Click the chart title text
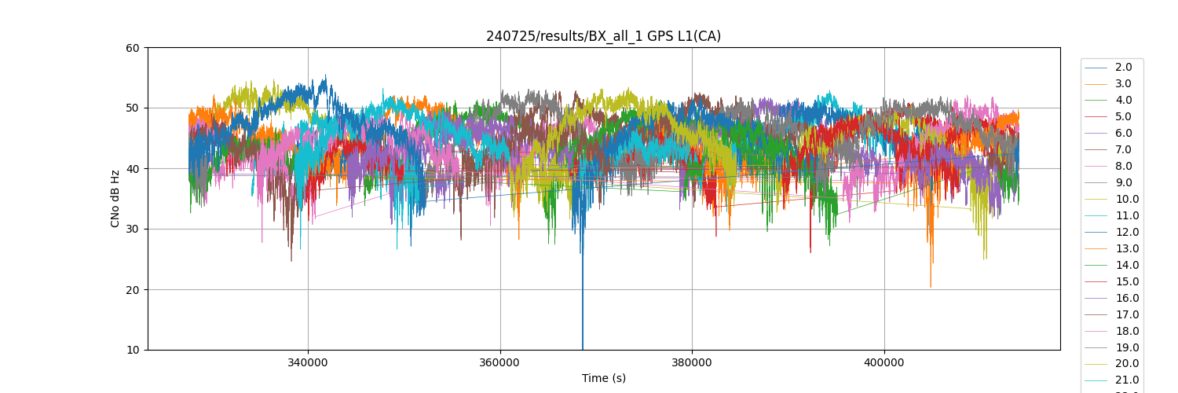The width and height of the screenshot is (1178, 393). click(603, 36)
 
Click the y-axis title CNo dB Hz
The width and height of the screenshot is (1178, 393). click(115, 199)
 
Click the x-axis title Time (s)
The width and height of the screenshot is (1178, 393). click(603, 378)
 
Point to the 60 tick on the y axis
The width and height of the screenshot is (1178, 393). click(132, 48)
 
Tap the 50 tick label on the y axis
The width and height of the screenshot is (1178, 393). click(132, 108)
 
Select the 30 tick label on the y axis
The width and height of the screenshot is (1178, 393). click(132, 230)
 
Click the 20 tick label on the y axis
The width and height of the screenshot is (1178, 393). click(132, 290)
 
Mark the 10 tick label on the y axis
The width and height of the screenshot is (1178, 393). click(132, 350)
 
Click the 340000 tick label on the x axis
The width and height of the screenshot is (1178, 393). click(308, 364)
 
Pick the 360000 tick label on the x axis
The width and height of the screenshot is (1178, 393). click(500, 364)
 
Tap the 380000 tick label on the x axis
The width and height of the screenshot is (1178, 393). click(692, 364)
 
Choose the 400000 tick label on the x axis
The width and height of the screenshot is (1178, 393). click(884, 364)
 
